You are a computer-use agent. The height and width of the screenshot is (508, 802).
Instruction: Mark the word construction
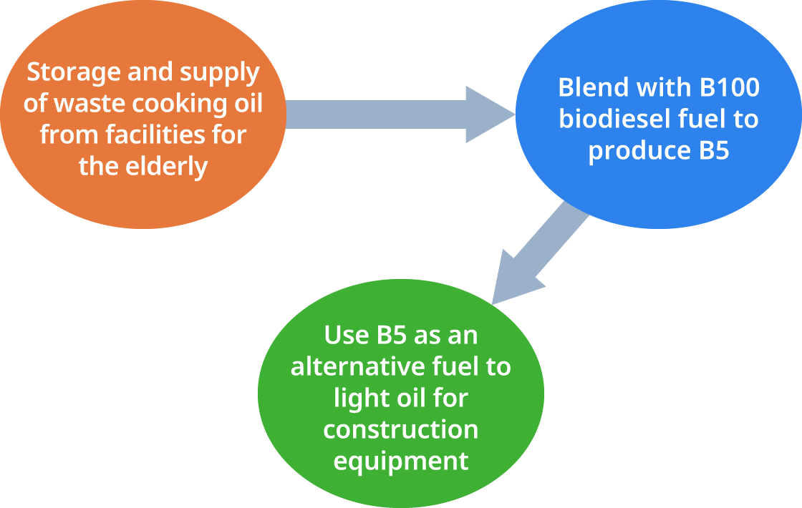400,429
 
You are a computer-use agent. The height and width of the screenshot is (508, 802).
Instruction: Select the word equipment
400,461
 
